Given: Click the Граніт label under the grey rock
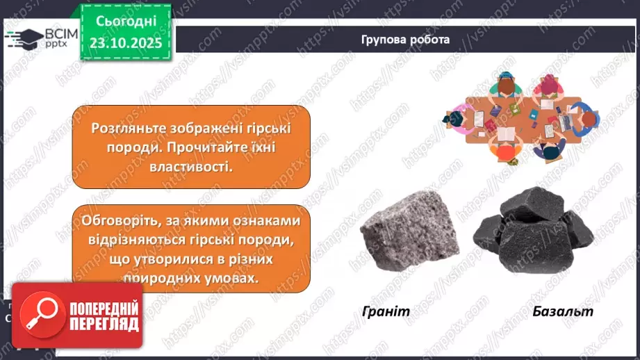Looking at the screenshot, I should [386, 311].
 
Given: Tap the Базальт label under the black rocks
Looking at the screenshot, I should [564, 311].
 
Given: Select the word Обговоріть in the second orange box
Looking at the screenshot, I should [113, 221].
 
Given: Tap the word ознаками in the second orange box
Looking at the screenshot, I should [267, 221].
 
